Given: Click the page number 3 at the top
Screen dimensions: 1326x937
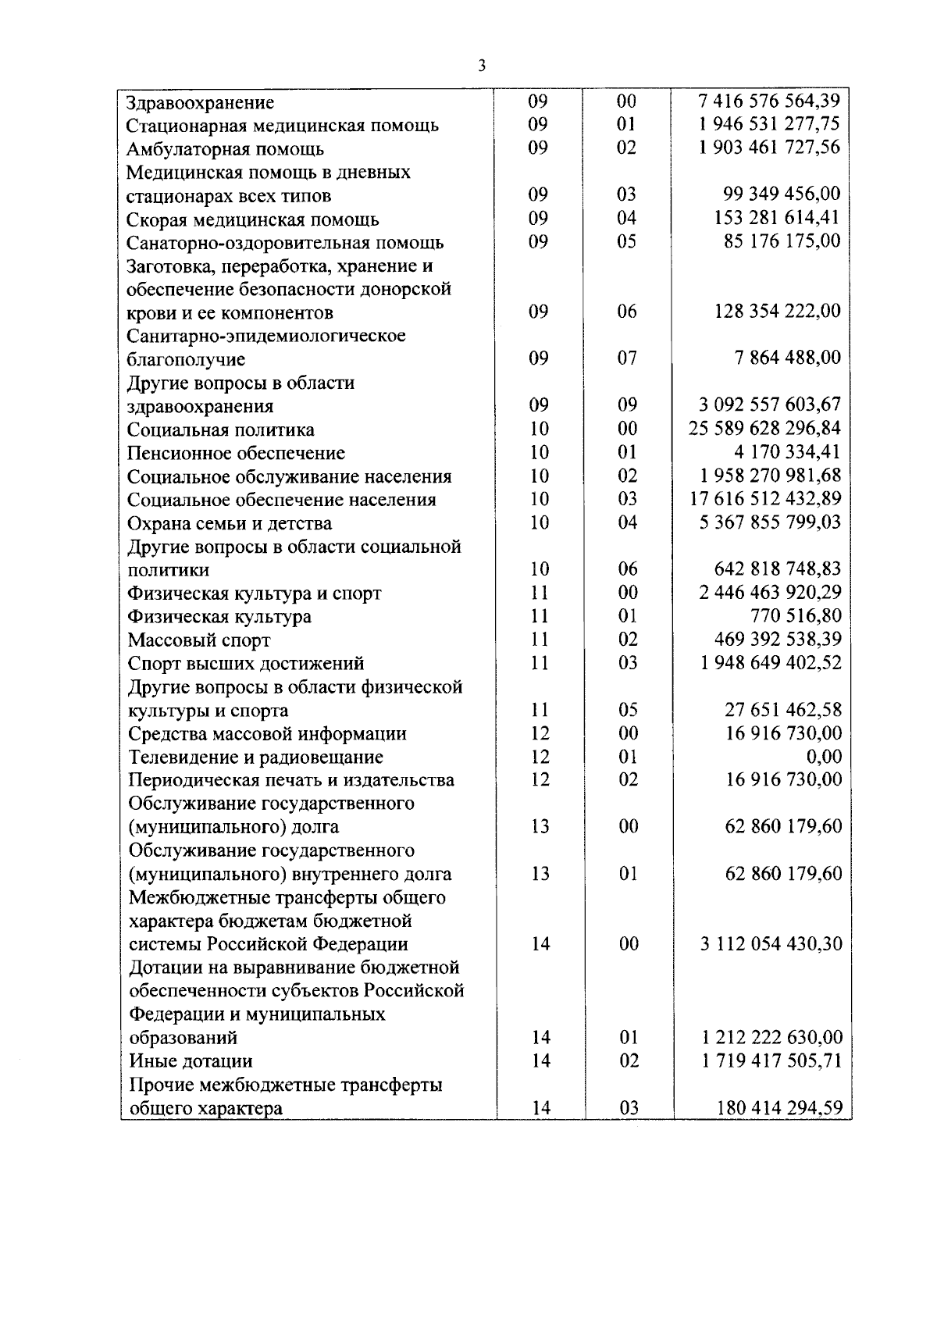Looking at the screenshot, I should [x=481, y=66].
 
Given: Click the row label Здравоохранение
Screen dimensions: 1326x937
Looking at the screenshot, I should [x=201, y=102].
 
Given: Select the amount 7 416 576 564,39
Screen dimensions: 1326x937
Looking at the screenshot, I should [x=769, y=101].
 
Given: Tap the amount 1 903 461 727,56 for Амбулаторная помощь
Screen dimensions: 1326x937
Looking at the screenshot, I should [x=769, y=148].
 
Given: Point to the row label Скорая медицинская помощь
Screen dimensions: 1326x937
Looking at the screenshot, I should [x=253, y=219].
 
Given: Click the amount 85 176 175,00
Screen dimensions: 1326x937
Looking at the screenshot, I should [x=782, y=241].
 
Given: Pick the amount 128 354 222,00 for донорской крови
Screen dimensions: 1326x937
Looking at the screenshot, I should [x=778, y=312].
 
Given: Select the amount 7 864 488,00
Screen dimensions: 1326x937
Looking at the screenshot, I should [x=787, y=358].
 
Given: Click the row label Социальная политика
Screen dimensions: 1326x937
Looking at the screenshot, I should [x=221, y=430].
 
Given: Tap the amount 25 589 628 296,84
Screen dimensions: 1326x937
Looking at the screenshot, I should [x=764, y=428].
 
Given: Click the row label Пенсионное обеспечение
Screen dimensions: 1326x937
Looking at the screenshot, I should [x=236, y=453].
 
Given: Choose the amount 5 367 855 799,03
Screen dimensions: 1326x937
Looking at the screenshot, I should [x=769, y=522].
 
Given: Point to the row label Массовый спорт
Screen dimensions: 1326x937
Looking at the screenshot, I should [x=199, y=640].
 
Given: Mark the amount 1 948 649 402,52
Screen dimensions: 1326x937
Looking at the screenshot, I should [x=771, y=662].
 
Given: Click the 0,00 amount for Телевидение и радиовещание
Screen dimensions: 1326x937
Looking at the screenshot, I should [x=824, y=756].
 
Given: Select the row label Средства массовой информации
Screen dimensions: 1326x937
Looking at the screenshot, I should [x=268, y=734].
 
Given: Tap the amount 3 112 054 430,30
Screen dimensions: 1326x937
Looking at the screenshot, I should [x=771, y=943].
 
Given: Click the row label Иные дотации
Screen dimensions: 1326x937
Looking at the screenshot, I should [x=191, y=1061].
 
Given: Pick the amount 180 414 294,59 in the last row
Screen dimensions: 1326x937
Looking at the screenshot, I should [x=779, y=1107].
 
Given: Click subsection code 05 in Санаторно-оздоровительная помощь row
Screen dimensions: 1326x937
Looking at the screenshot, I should [x=626, y=241].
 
